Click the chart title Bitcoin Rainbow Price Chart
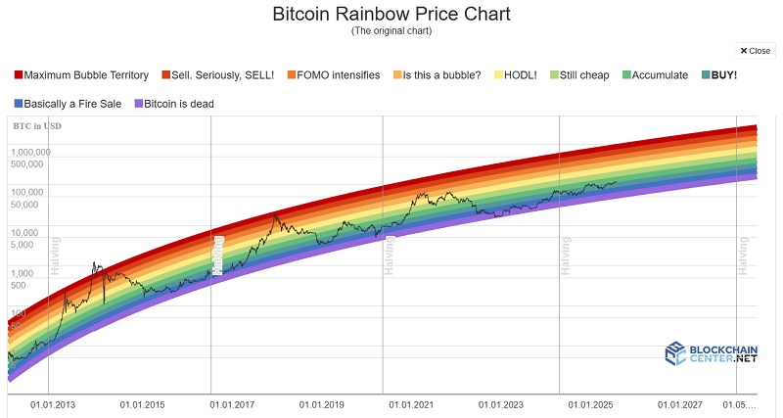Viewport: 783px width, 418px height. point(391,15)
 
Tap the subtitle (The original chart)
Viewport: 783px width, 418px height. point(391,31)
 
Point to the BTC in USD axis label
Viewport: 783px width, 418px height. point(36,126)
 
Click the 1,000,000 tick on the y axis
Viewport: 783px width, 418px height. point(31,153)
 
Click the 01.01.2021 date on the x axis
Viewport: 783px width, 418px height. point(411,403)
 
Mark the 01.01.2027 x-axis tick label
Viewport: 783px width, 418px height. point(680,403)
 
